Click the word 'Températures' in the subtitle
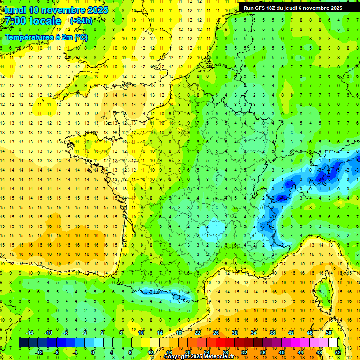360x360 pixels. tap(30, 37)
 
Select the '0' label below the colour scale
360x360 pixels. tap(92, 352)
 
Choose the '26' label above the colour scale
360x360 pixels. tap(216, 333)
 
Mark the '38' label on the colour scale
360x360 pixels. tap(272, 333)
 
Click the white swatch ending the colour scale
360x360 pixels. tap(333, 343)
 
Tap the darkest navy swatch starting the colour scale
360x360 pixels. tap(23, 343)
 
